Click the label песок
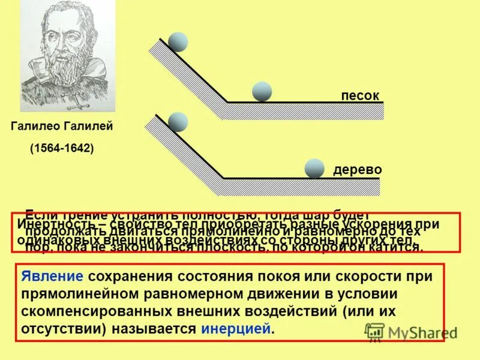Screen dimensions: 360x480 tap(360, 96)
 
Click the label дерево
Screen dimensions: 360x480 tap(358, 170)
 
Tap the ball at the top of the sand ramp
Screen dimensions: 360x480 tap(178, 42)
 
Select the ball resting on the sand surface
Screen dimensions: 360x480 tap(262, 91)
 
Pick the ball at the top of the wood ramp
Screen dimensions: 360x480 tap(178, 122)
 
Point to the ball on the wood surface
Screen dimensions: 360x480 tap(314, 169)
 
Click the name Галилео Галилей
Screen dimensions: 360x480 tap(62, 127)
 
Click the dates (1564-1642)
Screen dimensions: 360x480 tap(62, 148)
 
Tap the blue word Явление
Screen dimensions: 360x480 tap(52, 277)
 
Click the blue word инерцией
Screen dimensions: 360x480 tap(236, 329)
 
